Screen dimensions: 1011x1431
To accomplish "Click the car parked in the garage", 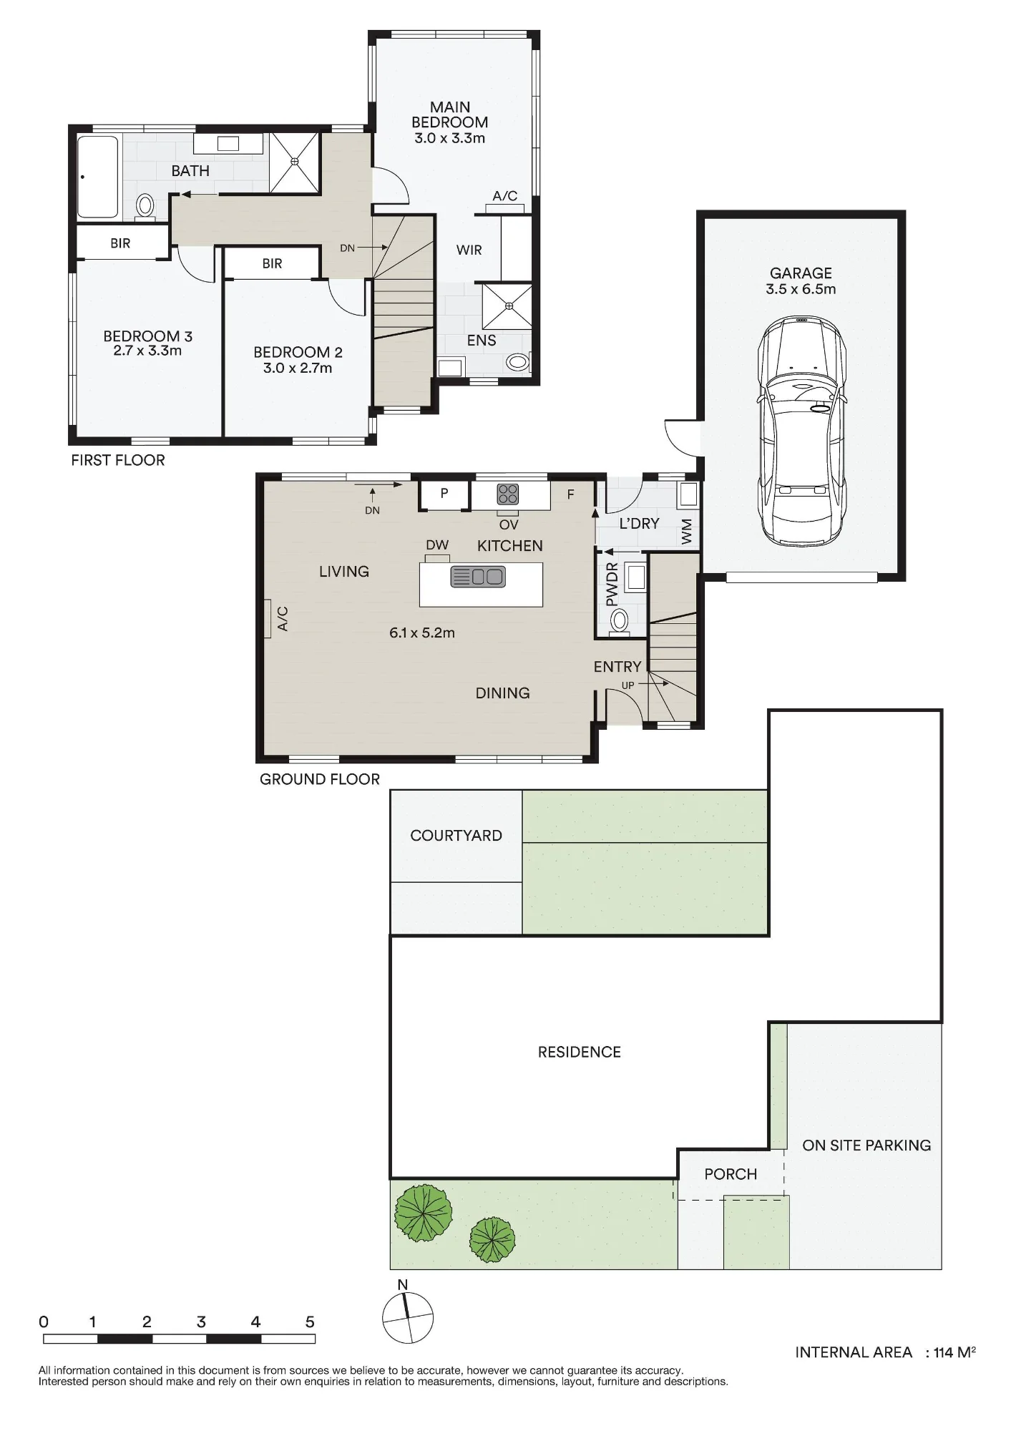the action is [x=801, y=431].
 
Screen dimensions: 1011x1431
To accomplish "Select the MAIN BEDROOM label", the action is [x=450, y=114].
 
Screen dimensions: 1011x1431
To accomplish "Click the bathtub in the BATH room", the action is [x=98, y=177].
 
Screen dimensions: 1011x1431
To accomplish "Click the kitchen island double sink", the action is [x=478, y=577].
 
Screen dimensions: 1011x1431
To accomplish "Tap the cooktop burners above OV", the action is [x=508, y=494].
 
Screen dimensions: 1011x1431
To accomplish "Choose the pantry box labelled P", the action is [x=444, y=494].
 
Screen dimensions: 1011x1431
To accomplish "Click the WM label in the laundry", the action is [x=688, y=532].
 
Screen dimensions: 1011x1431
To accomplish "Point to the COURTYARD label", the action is [x=456, y=836].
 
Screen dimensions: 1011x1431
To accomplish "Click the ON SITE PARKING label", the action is [x=866, y=1146].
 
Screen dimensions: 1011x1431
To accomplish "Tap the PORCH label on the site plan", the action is [x=731, y=1174].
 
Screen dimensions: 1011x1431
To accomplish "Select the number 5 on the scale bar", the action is [x=310, y=1322].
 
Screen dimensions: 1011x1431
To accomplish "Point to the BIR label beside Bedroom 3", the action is [x=120, y=243].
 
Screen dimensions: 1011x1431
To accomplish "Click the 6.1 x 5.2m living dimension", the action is [x=422, y=633].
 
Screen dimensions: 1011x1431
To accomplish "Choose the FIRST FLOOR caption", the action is [x=118, y=460].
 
